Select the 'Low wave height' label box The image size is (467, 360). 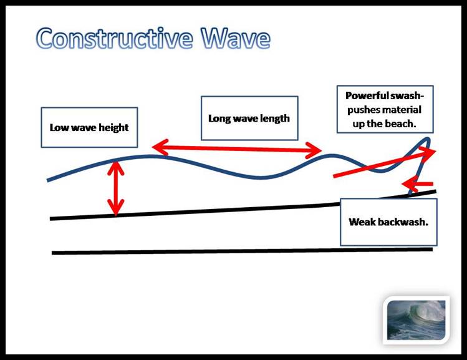point(89,127)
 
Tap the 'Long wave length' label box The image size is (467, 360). point(249,118)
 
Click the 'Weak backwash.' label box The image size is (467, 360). point(388,221)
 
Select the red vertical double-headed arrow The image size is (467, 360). point(115,188)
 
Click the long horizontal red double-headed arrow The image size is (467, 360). point(237,148)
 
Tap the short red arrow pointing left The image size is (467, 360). point(417,183)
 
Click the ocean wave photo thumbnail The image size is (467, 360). point(416,319)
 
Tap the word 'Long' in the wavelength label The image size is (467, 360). point(219,118)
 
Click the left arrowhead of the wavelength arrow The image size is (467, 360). point(158,147)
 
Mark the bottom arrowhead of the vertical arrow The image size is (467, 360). point(115,209)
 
